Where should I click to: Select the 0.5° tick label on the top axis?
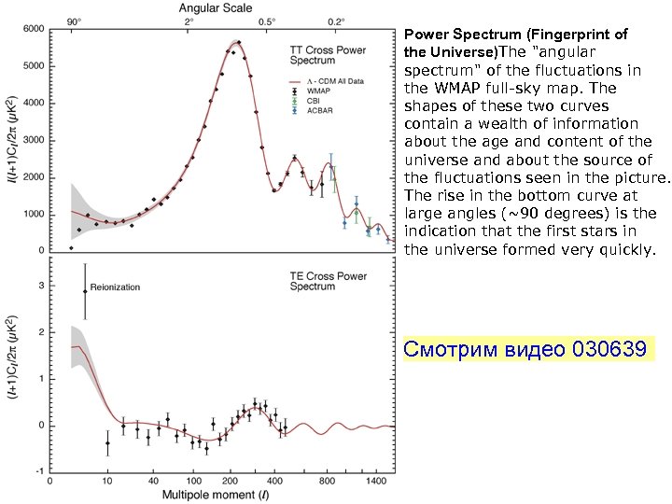point(267,21)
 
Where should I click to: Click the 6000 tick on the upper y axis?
point(33,30)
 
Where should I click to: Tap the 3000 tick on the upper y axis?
point(33,140)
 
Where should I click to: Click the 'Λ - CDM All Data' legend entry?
point(334,82)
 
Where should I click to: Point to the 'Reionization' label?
point(115,287)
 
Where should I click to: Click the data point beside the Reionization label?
point(85,291)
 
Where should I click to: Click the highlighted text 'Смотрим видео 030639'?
point(524,350)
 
